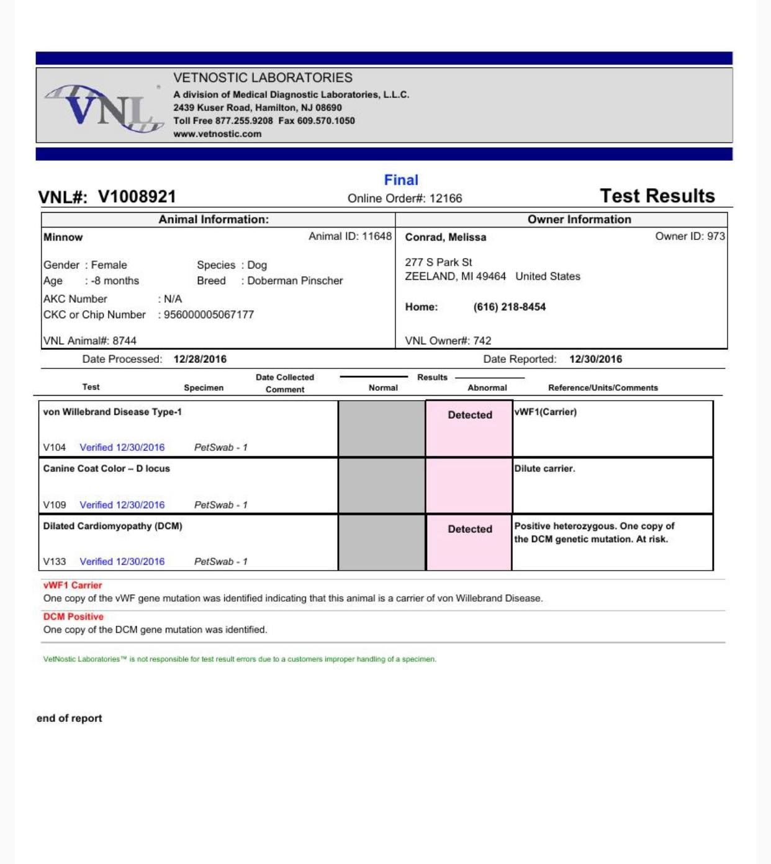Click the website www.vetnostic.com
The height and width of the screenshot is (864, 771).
(217, 134)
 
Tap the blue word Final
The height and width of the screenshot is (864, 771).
(401, 180)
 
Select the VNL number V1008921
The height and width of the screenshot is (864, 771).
(137, 197)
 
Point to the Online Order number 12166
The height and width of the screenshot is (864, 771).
(446, 198)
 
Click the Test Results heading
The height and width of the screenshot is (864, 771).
(657, 196)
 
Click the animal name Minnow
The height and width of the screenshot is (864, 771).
(63, 237)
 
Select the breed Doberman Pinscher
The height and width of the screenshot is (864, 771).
(295, 280)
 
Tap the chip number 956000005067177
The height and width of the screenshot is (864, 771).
(209, 314)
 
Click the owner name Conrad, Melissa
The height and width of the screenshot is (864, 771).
(446, 237)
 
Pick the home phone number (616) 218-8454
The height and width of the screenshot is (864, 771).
(509, 307)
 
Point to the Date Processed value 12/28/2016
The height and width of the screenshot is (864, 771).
(200, 359)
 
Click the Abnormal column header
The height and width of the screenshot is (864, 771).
(487, 388)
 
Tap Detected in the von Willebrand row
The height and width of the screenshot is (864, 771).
(470, 415)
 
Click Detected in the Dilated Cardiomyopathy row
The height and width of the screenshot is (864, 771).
(470, 529)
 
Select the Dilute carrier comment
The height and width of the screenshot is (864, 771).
(544, 468)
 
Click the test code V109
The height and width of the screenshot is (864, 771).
(55, 505)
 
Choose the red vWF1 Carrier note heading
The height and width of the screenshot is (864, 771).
(73, 585)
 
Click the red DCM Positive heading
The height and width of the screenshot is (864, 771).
(73, 617)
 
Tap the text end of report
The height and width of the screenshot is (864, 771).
(70, 718)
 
